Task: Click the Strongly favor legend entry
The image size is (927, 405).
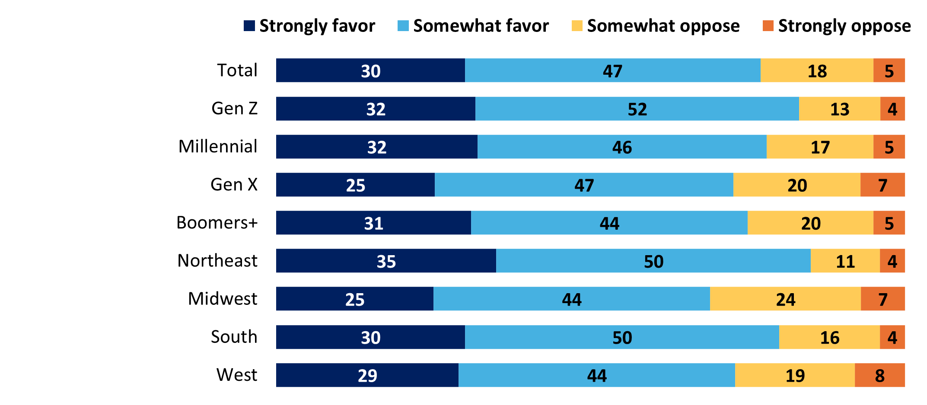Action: point(309,26)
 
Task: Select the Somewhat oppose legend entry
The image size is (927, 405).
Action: point(656,26)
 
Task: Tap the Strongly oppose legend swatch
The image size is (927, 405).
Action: point(768,26)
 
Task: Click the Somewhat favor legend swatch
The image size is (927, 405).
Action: point(403,26)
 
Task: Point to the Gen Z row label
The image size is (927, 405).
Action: point(235,108)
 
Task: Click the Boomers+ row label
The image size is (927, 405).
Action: point(217,223)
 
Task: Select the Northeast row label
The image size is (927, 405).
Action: point(217,261)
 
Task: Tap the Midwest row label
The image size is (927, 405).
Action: point(223,299)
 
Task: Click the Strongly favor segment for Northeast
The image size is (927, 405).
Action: point(386,261)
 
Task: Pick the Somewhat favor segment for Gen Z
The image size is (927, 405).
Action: point(637,109)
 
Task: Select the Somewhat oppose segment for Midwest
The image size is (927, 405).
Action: point(785,299)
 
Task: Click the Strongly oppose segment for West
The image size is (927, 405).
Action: point(880,375)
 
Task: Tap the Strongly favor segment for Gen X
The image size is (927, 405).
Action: point(355,185)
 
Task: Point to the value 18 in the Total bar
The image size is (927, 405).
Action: point(817,71)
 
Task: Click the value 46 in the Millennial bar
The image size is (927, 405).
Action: point(622,148)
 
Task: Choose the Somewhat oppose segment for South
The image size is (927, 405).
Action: point(829,337)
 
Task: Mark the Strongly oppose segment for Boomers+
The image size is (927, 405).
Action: point(889,223)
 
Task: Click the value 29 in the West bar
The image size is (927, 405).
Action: point(367,376)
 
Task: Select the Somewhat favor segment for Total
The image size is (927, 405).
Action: point(613,70)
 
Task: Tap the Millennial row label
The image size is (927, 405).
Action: point(218,146)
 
